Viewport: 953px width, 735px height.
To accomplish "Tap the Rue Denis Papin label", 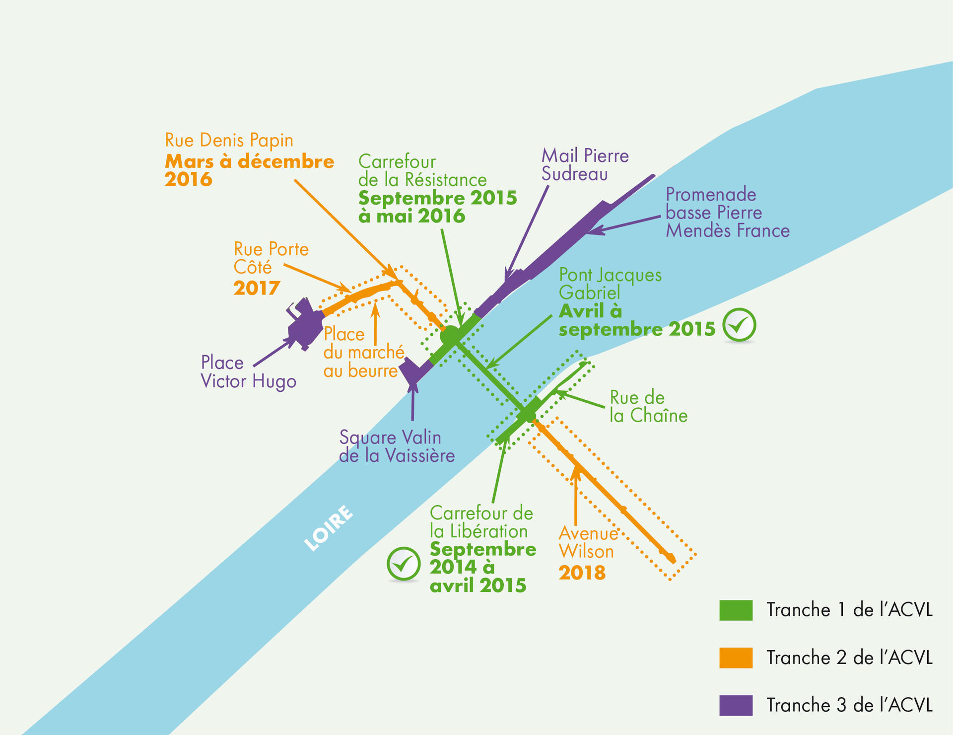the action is point(229,140).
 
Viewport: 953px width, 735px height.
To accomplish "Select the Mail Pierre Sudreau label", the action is point(585,164).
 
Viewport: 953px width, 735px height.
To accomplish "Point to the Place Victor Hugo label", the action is point(248,372).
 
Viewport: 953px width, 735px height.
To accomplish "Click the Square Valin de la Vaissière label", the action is point(397,446).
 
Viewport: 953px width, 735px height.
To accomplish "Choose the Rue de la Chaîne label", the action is point(649,406).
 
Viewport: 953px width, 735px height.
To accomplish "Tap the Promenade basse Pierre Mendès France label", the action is point(728,212).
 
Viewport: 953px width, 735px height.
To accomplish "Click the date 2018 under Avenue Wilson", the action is point(582,573).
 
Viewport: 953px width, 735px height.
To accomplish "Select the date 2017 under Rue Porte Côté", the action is point(257,288).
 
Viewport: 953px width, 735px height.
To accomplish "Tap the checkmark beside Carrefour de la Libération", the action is point(404,564).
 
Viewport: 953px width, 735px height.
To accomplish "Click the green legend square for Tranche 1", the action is point(736,610).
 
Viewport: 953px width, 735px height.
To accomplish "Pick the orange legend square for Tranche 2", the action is point(736,658).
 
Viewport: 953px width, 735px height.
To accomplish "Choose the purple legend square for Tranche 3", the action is point(736,705).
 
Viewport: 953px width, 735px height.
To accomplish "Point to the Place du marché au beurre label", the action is point(364,353).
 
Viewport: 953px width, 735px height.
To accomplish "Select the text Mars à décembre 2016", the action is point(249,170).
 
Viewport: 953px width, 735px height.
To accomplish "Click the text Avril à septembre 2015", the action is point(637,320).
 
